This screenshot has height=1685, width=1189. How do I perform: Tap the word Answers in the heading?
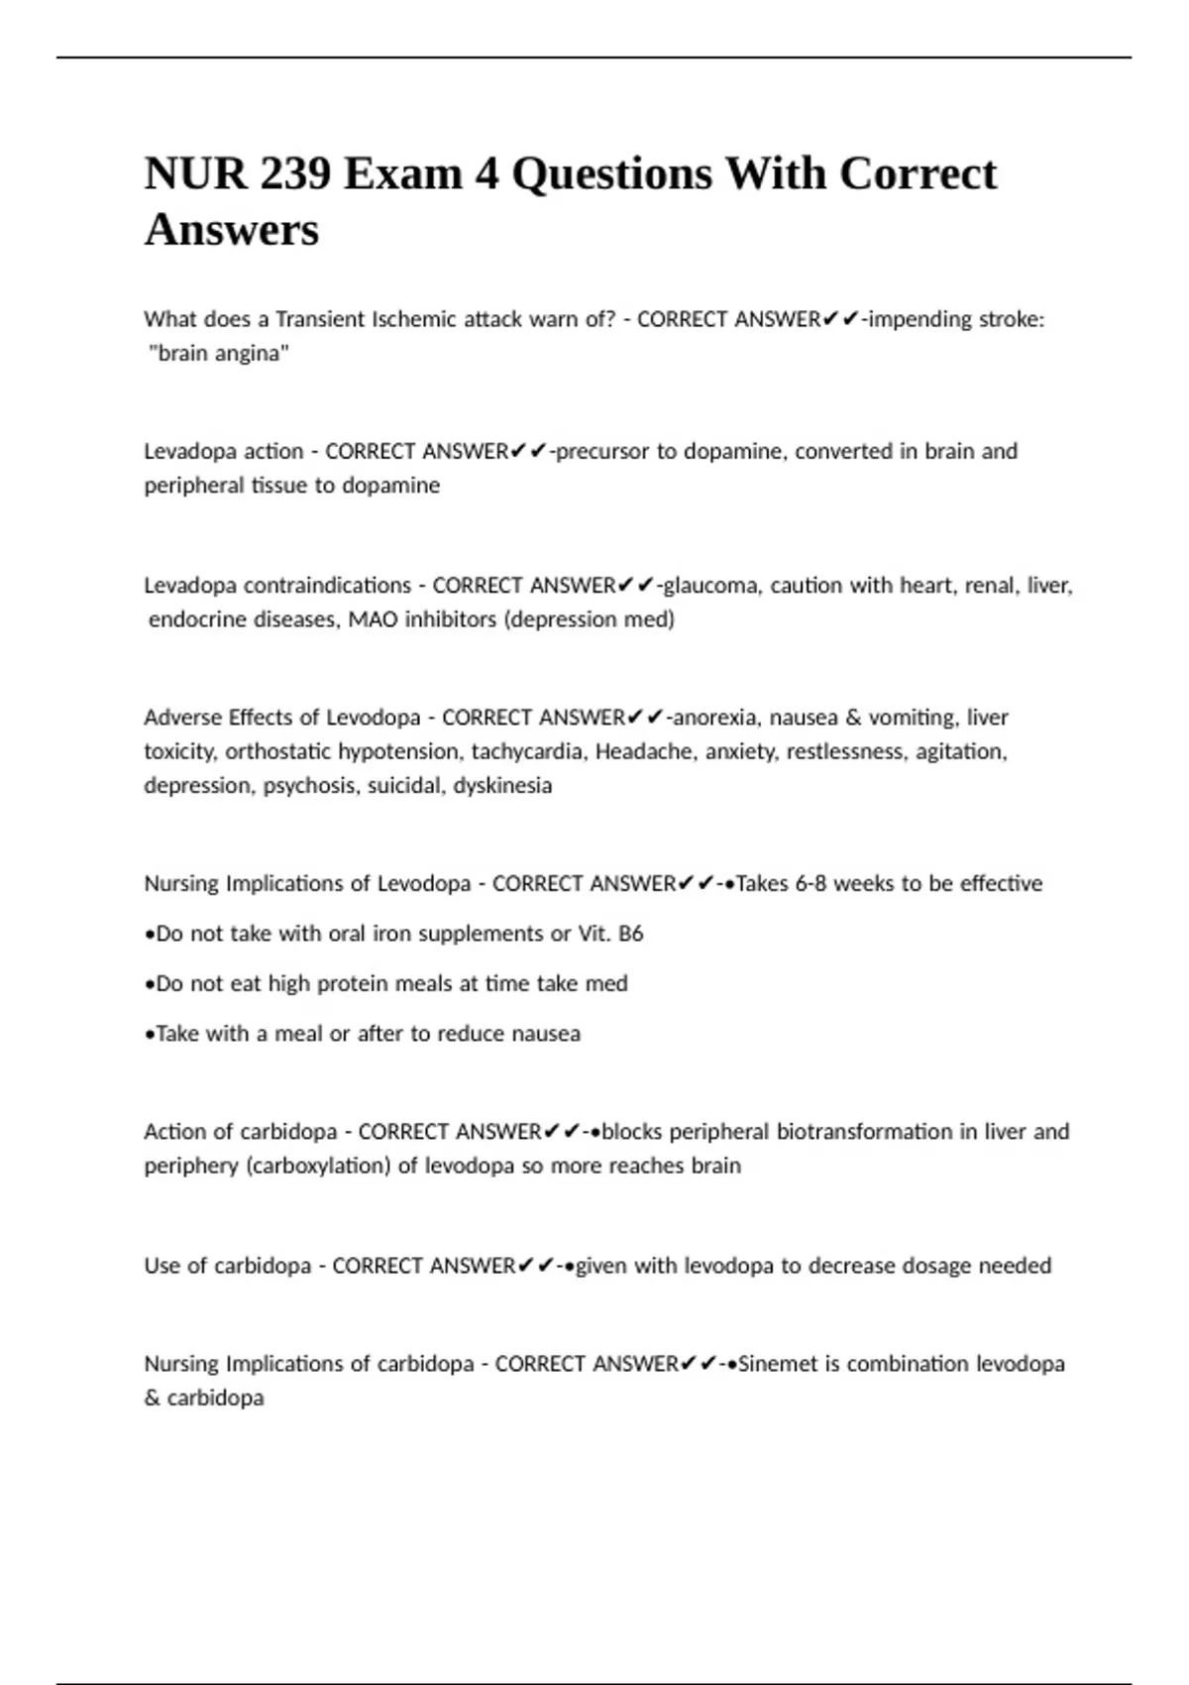(232, 231)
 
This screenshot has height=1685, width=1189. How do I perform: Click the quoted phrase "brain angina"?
(219, 353)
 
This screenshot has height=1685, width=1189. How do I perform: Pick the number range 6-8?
(811, 883)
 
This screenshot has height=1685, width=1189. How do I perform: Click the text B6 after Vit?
(631, 934)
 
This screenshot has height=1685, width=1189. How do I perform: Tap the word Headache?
(645, 751)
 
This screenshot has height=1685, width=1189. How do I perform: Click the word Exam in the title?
(403, 174)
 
